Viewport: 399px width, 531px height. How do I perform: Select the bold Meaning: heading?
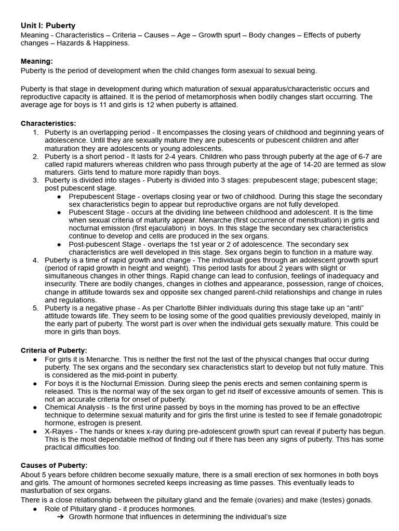pos(36,61)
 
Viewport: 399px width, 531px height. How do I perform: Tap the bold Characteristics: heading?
pos(48,123)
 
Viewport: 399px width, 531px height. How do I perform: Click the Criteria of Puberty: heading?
pos(54,351)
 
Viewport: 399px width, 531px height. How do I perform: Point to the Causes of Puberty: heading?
pos(54,466)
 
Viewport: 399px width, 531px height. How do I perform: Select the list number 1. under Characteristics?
pos(36,132)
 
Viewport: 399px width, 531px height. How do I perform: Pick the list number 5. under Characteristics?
pos(36,308)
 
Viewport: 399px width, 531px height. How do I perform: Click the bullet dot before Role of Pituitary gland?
pos(35,509)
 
